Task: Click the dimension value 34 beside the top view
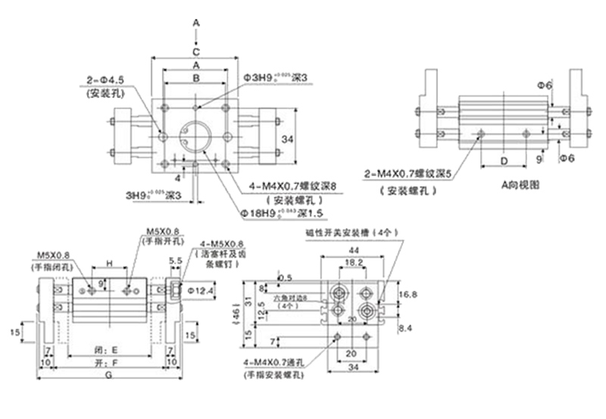point(286,139)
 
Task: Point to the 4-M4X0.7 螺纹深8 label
point(292,186)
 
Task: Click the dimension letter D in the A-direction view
point(502,161)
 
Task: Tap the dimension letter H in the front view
point(109,263)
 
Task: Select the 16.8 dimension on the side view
point(407,294)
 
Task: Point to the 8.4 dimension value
point(406,327)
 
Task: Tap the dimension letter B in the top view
point(195,78)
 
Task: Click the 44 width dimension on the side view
point(353,249)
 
